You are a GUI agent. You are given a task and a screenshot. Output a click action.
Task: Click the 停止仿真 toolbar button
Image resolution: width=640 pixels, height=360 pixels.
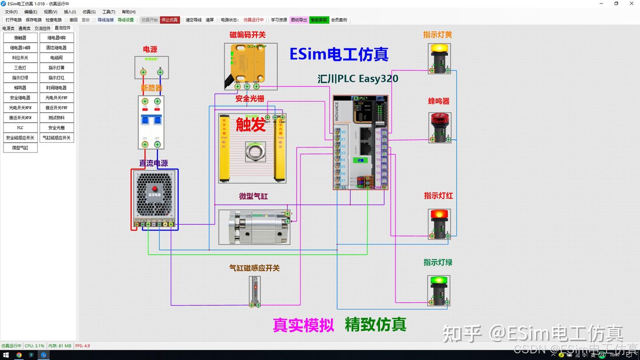[x=170, y=20]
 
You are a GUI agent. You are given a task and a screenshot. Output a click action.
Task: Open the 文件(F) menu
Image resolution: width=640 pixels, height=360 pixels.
[x=11, y=12]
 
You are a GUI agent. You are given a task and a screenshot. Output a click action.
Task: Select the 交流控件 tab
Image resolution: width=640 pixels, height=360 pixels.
[x=43, y=28]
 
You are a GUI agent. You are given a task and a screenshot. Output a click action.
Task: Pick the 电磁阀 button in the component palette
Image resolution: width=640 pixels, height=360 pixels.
[x=56, y=58]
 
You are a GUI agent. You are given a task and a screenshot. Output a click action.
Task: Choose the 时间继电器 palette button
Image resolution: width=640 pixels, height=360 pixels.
[x=56, y=88]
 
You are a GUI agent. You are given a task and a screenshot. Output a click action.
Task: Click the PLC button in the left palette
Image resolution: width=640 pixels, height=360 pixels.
[x=20, y=128]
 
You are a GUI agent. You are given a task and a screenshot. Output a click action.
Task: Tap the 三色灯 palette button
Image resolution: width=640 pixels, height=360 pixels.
[x=20, y=68]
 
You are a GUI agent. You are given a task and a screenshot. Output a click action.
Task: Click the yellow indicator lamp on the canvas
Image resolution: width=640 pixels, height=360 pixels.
[x=440, y=48]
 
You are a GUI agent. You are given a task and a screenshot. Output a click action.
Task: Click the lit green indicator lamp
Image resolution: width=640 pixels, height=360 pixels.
[x=439, y=281]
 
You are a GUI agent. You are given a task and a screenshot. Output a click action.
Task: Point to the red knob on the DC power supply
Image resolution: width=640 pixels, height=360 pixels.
[x=155, y=188]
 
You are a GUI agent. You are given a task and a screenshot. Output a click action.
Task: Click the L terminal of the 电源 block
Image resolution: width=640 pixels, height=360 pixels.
[x=143, y=72]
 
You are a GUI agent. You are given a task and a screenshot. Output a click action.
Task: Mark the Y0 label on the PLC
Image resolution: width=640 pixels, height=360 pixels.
[x=378, y=132]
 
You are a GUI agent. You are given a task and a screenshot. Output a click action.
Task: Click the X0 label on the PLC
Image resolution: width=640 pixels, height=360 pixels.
[x=343, y=132]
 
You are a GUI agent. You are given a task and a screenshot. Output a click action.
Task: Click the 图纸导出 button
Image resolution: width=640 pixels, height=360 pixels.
[x=299, y=20]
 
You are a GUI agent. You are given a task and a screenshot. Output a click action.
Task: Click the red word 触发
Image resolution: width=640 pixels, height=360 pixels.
[x=251, y=124]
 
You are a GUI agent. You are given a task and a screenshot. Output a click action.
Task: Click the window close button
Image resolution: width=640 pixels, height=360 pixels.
[x=632, y=4]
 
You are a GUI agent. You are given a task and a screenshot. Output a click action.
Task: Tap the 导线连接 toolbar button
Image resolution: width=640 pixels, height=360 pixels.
[x=105, y=20]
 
